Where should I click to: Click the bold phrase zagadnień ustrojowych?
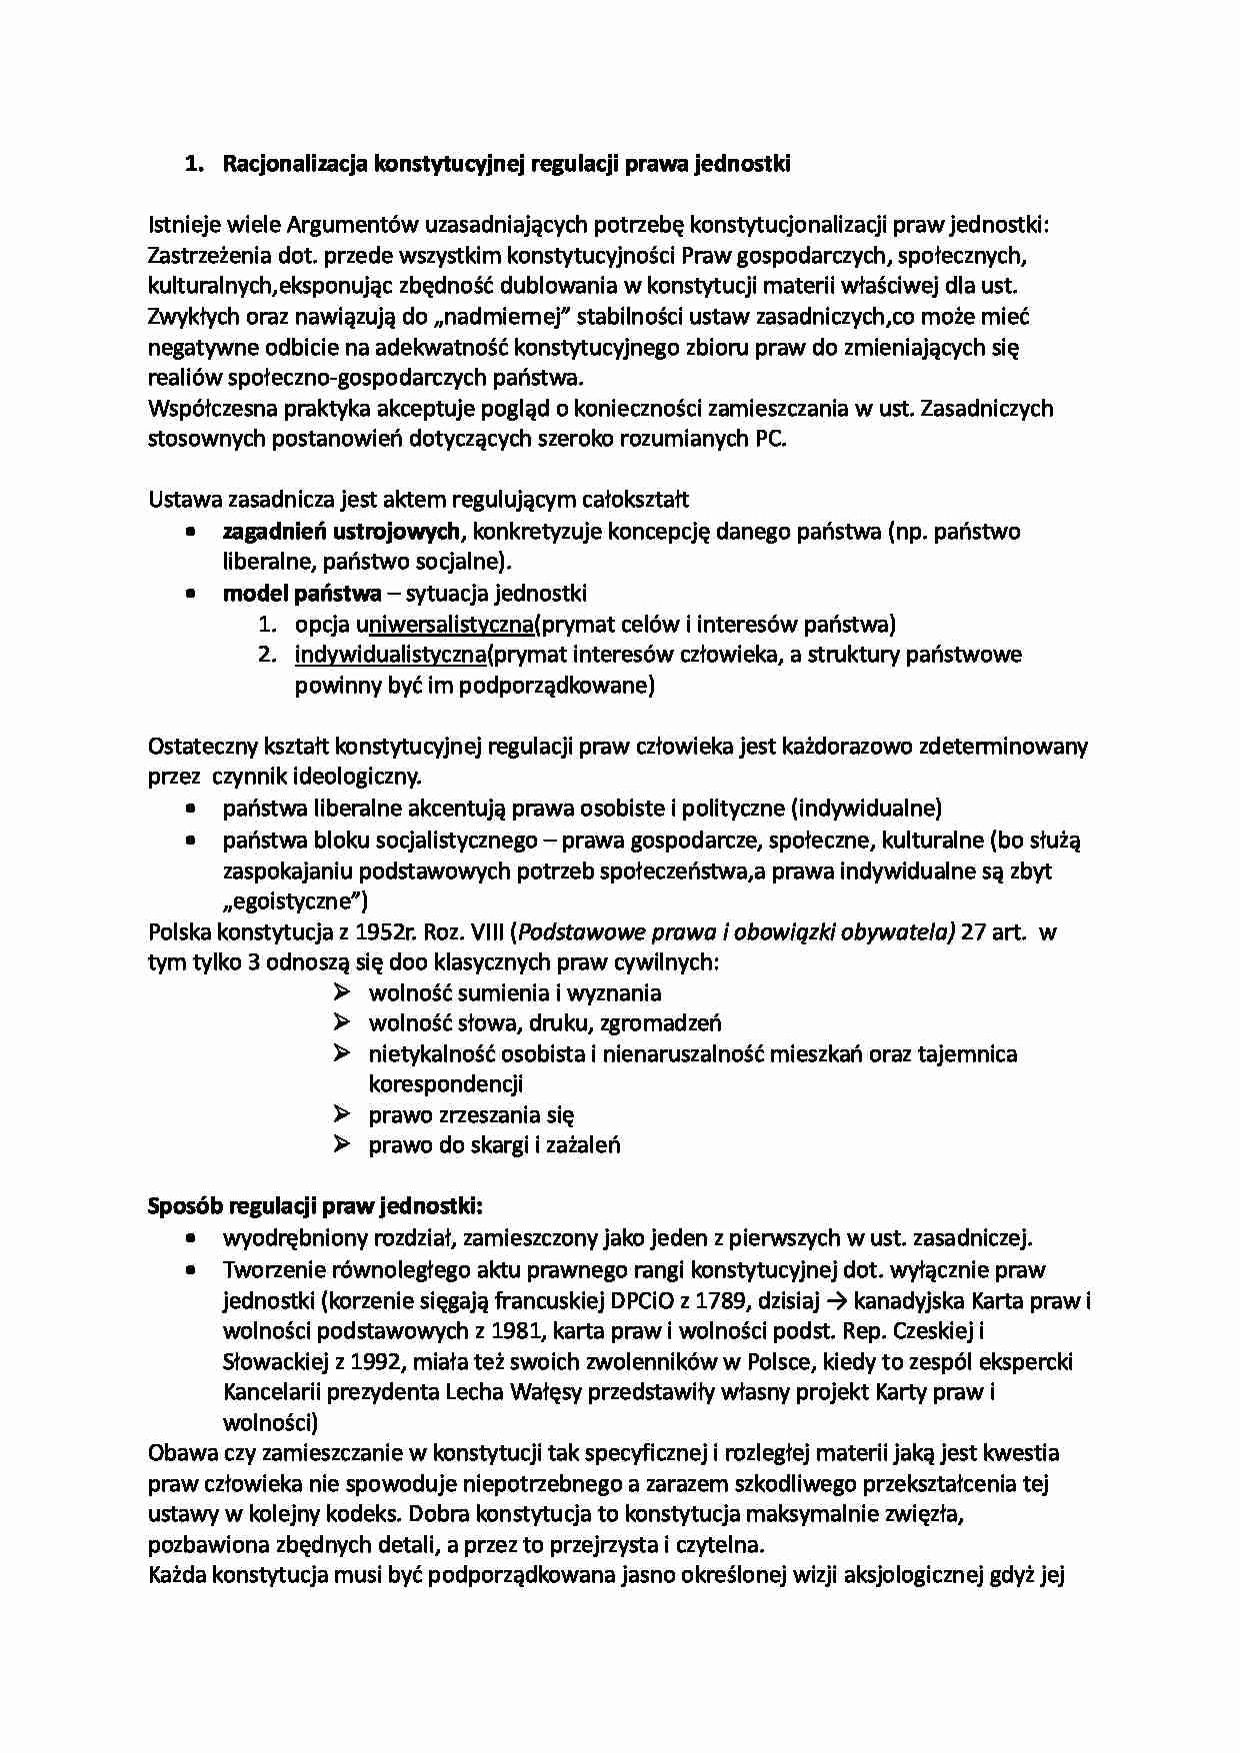click(341, 531)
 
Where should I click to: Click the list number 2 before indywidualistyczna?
click(266, 656)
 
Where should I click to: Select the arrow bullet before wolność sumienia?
click(342, 992)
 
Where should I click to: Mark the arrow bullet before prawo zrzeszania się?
click(342, 1114)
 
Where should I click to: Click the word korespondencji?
click(446, 1084)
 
